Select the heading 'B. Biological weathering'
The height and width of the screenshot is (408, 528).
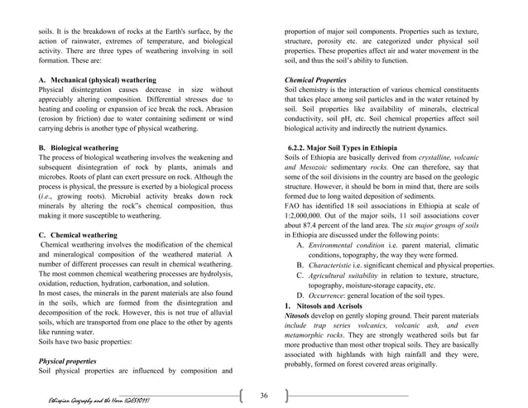coord(79,147)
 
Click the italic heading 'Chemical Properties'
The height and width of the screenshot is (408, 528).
coord(315,79)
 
